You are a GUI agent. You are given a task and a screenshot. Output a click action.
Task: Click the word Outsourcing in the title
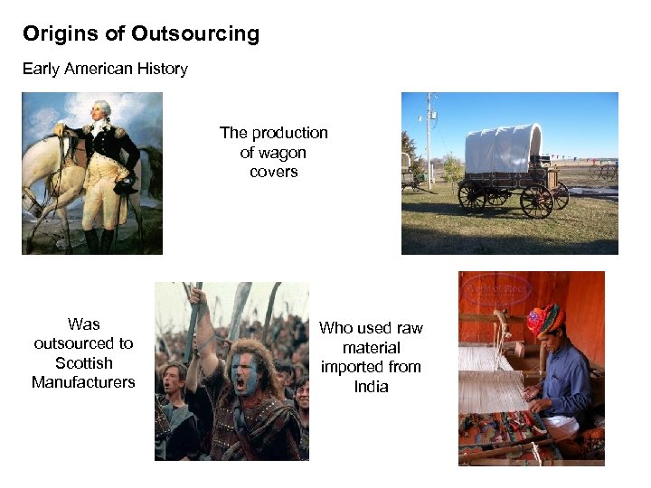pos(194,34)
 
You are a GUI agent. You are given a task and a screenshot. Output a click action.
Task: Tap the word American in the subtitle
pos(99,69)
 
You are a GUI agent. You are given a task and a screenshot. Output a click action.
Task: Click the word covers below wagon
pos(273,172)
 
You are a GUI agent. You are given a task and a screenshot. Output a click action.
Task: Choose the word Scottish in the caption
pos(83,362)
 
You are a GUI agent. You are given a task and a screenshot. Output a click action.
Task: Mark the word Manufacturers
pos(83,382)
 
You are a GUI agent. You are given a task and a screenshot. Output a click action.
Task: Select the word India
pos(371,387)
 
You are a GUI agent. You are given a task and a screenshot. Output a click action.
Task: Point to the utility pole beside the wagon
pos(428,136)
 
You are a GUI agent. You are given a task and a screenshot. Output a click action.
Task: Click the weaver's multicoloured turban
pos(544,318)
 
